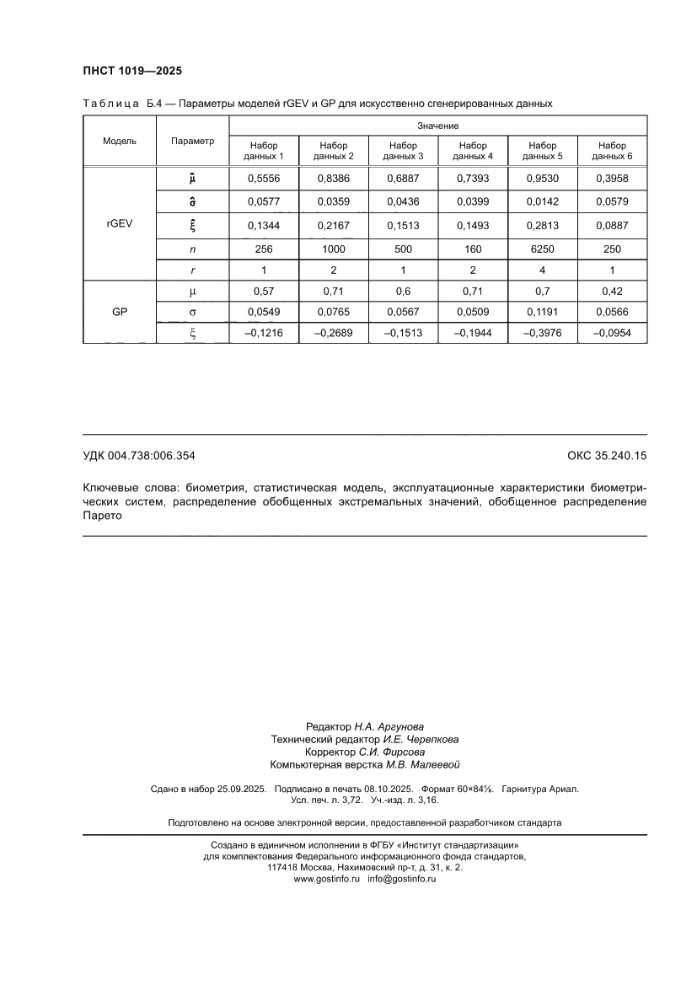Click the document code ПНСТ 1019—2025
coord(132,71)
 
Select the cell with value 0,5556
coord(264,179)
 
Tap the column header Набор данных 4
coord(473,151)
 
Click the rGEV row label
coord(120,225)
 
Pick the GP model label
coord(120,311)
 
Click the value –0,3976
coord(543,334)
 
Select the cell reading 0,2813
coord(543,225)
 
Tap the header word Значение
coord(437,126)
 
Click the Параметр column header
coord(192,141)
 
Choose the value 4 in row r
coord(543,270)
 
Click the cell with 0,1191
coord(543,312)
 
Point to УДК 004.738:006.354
coord(139,456)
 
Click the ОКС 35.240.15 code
coord(607,456)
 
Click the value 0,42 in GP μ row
coord(613,291)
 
